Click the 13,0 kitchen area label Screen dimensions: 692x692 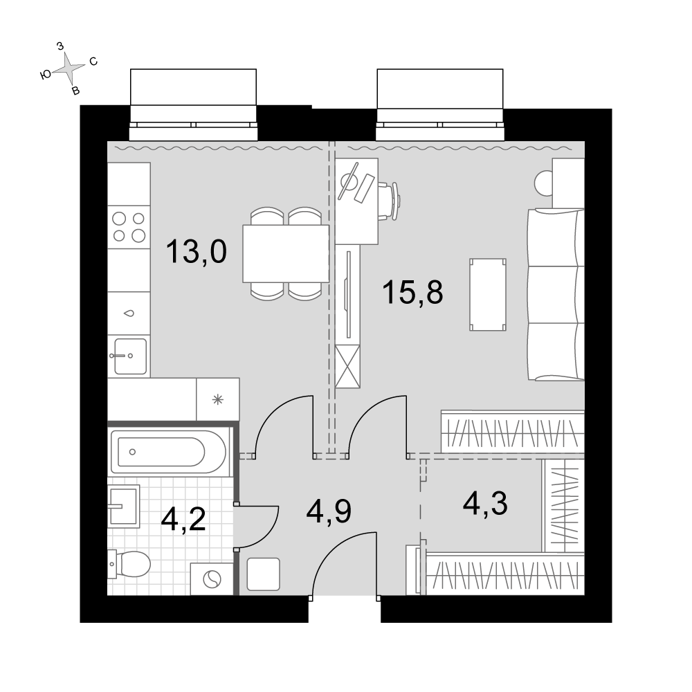point(197,252)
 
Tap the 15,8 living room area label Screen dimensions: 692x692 point(412,292)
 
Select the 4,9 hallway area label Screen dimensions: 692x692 point(328,512)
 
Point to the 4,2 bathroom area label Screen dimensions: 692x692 point(183,520)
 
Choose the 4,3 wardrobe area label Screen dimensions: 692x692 point(485,504)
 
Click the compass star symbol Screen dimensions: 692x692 point(69,68)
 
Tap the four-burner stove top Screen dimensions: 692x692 point(129,227)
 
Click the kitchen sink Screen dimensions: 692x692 point(130,356)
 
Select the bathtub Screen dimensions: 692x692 point(168,451)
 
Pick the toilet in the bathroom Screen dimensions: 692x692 point(129,563)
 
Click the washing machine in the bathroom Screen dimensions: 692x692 point(211,579)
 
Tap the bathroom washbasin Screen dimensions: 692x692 point(124,506)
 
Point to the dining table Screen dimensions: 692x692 point(286,253)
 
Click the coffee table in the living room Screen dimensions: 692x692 point(488,294)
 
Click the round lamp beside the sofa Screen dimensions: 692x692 point(544,182)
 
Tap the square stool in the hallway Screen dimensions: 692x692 point(264,574)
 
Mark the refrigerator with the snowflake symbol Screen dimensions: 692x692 point(217,399)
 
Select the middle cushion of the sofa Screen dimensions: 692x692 point(556,294)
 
